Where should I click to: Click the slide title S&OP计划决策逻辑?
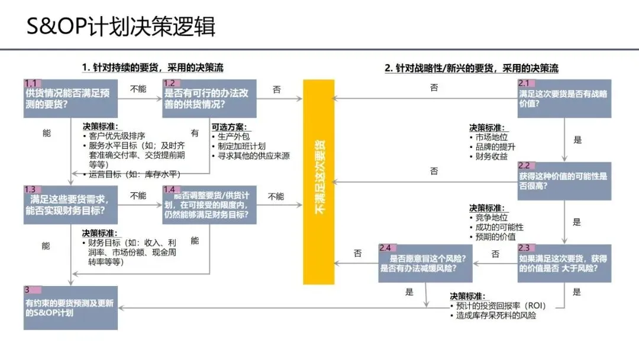point(121,27)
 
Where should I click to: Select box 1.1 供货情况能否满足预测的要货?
point(70,98)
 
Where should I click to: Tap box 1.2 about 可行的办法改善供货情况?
point(209,98)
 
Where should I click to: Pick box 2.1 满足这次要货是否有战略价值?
point(564,98)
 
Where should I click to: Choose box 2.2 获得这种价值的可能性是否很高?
point(564,181)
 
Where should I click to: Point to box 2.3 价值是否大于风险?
point(564,263)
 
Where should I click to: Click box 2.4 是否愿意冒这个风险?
point(426,263)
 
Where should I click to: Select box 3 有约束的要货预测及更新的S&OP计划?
point(70,307)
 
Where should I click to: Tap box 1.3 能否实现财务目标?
point(70,204)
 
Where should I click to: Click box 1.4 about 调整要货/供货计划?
point(209,204)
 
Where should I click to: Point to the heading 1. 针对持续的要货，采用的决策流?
point(153,68)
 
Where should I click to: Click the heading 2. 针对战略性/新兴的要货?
point(472,68)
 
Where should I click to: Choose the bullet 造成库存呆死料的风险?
point(496,316)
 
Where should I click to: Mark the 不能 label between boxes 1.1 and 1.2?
point(138,89)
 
